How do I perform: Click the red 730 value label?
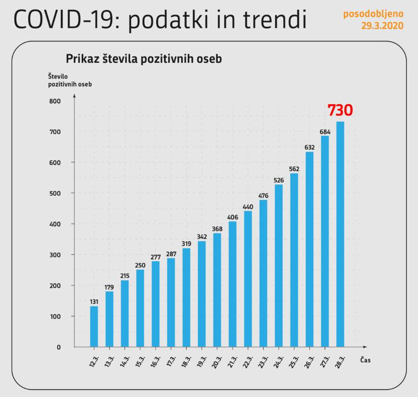tap(340, 110)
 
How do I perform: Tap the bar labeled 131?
tap(94, 326)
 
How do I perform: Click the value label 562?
tap(294, 169)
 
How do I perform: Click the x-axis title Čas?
tap(365, 360)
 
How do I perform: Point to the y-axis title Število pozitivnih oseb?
tap(70, 80)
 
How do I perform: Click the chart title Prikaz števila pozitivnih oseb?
tap(144, 59)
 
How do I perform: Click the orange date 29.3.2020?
tap(382, 26)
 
